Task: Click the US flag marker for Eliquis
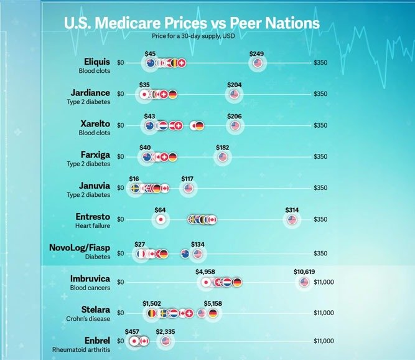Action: (258, 63)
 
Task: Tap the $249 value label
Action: (257, 54)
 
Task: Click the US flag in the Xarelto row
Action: (235, 126)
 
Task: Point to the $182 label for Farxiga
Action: (222, 147)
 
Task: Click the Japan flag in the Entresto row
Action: (161, 219)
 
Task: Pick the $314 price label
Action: (292, 210)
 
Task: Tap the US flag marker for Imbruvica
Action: (304, 282)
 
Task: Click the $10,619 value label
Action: (304, 272)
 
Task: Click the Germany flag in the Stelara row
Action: (213, 313)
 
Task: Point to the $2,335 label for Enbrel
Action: (165, 332)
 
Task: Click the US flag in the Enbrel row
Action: (165, 341)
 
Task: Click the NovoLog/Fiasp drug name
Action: (79, 247)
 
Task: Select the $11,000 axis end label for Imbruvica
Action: (324, 282)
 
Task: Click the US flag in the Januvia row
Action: (189, 188)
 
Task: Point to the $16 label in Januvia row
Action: (134, 179)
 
